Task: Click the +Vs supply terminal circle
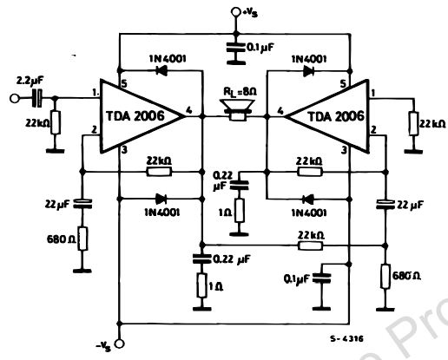[x=234, y=12]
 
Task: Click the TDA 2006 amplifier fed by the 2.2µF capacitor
[x=139, y=114]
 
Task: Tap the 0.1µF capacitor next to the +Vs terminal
[x=234, y=49]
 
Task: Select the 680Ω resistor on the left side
[x=82, y=237]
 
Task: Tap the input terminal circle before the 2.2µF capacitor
[x=11, y=97]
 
